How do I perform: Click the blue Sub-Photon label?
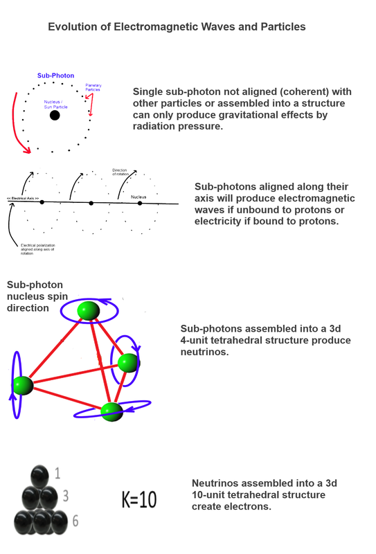[x=56, y=75]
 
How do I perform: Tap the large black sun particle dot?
[x=55, y=115]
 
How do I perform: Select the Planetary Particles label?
[x=93, y=87]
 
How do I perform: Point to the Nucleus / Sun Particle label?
[x=55, y=105]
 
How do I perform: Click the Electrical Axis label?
[x=23, y=199]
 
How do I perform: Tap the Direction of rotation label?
[x=120, y=172]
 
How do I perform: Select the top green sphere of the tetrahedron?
[x=89, y=310]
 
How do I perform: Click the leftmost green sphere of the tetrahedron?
[x=23, y=385]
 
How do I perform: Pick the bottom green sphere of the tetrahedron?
[x=112, y=411]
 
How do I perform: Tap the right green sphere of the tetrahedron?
[x=129, y=363]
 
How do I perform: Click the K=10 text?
[x=139, y=499]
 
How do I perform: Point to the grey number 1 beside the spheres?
[x=57, y=473]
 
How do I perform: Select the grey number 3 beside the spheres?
[x=66, y=496]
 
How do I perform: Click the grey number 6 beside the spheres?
[x=75, y=521]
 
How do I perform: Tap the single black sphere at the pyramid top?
[x=39, y=476]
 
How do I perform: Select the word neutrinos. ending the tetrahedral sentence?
[x=204, y=352]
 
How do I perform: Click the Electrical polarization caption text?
[x=38, y=249]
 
